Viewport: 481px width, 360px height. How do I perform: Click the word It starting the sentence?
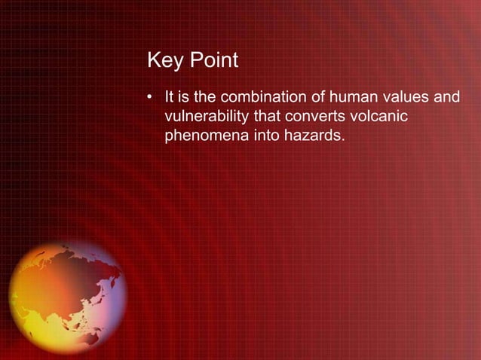point(169,97)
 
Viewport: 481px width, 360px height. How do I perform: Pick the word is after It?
point(184,97)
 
